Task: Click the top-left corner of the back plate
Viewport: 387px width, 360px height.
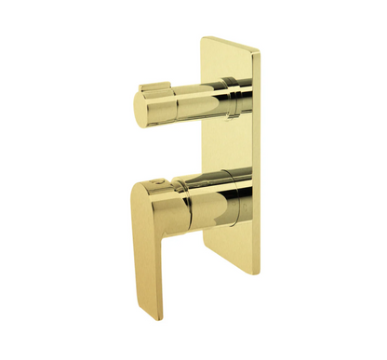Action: coord(200,39)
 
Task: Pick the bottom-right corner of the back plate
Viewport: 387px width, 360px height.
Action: coord(257,273)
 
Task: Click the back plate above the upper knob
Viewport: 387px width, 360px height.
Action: coord(226,60)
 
